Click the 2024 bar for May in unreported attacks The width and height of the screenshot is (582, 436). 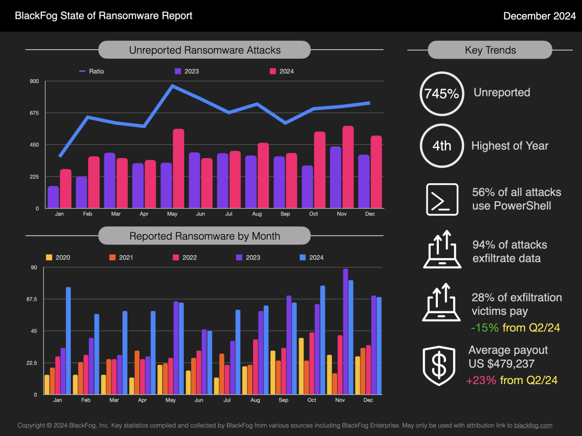coord(178,168)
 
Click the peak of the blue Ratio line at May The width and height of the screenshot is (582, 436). coord(172,86)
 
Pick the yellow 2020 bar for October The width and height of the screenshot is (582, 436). coord(301,366)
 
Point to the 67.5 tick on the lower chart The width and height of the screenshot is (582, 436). coord(31,299)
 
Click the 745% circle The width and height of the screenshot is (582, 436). coord(441,94)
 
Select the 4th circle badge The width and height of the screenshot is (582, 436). coord(441,146)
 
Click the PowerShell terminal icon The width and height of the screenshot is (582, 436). coord(442,199)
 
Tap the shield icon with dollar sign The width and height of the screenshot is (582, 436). coord(439,367)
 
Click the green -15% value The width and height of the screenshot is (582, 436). coord(485,328)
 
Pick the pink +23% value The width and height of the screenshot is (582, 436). coord(481,380)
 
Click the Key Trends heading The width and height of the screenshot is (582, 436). coord(490,50)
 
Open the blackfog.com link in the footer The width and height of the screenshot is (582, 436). coord(533,425)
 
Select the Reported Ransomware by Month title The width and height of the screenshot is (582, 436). coord(204,236)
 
